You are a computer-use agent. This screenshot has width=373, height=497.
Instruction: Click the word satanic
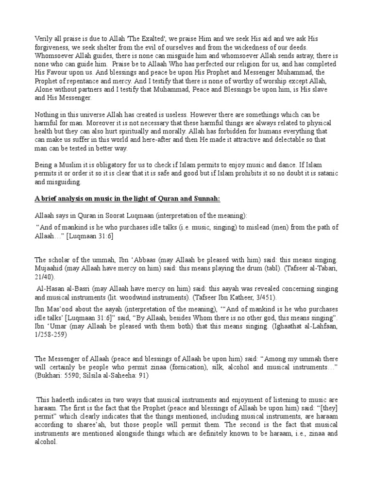tap(324, 173)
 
